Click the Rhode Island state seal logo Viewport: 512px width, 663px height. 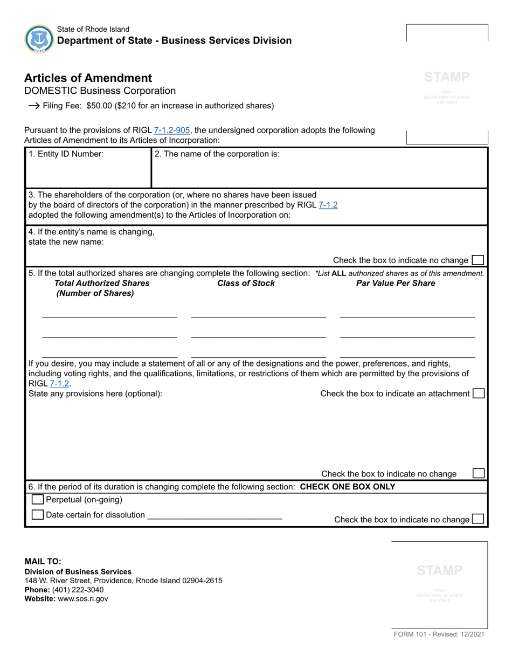coord(39,38)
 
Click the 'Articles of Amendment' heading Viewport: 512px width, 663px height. coord(88,78)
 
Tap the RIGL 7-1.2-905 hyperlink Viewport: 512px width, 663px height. coord(172,130)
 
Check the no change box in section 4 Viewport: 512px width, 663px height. coord(478,260)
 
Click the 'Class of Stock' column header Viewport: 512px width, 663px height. coord(246,283)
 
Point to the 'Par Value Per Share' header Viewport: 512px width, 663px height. coord(396,283)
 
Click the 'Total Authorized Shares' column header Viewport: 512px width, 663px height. coord(102,283)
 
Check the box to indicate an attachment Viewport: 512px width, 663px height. coord(478,393)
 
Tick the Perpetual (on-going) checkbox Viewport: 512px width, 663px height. coord(38,500)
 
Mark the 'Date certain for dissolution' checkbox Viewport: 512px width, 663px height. coord(38,515)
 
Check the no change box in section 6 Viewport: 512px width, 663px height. coord(478,519)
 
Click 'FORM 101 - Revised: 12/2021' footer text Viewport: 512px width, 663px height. coord(439,634)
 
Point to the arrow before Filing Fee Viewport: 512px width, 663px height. coord(33,106)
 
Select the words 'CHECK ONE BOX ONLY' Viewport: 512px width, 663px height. coord(347,487)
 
